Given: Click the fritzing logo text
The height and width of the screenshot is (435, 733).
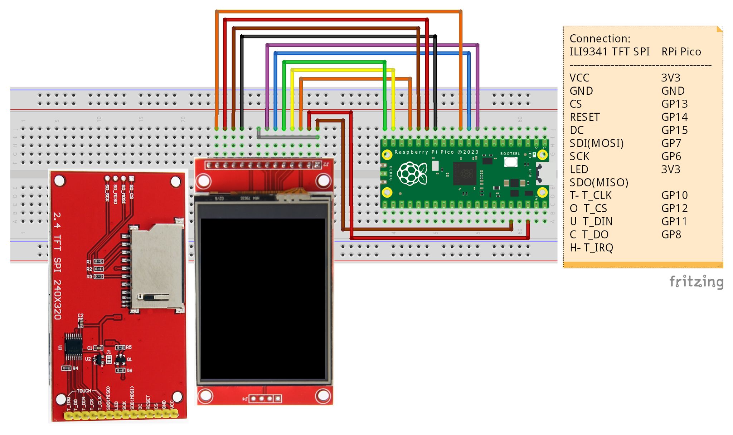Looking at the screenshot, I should coord(696,282).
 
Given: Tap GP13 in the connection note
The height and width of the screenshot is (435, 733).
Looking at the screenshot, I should coord(674,104).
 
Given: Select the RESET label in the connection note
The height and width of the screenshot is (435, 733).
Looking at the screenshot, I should coord(584,117).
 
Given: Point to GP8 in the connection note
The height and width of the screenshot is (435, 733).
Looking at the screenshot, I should coord(671,235).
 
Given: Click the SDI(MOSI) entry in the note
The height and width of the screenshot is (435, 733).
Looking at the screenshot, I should coord(597,143).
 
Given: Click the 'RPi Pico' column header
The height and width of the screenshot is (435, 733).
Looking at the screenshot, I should coord(681,52).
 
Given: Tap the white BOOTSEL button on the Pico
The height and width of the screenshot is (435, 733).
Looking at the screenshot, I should coord(511,162).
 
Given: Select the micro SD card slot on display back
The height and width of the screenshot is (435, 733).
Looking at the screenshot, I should coord(157,266).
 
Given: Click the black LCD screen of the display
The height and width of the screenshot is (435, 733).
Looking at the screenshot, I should coord(263,298).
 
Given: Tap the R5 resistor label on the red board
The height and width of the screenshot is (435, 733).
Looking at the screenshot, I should coord(129,347).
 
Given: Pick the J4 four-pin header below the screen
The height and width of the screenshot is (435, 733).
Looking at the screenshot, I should coord(265,399).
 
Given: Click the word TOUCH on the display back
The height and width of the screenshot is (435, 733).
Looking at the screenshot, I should coord(84,391).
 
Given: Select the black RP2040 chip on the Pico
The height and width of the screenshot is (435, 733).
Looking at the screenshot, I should coord(465,174).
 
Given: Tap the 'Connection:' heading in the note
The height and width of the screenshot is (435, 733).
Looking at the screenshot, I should coord(600,39).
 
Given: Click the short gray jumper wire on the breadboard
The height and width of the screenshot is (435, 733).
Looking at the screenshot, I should coord(288,137).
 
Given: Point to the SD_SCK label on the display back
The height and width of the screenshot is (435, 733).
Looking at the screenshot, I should coord(107,193).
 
